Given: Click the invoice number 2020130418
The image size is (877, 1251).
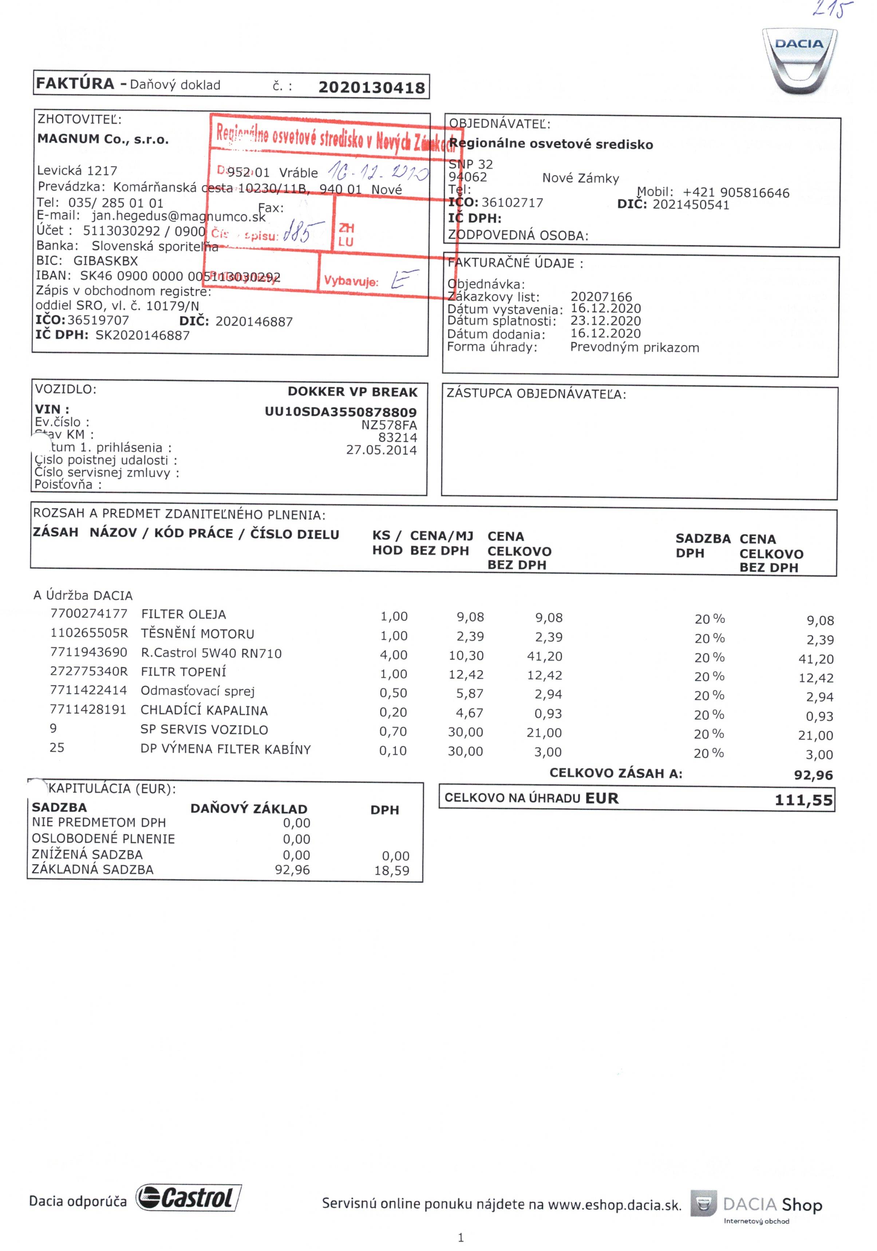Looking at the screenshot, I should click(x=371, y=88).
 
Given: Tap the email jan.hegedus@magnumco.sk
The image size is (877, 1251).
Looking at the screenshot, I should click(x=178, y=216).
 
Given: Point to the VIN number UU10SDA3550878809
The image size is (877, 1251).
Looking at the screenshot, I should click(x=341, y=412).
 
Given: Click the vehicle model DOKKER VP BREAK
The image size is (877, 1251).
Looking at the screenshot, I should click(x=352, y=392).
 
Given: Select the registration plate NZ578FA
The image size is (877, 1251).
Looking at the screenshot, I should click(x=389, y=425).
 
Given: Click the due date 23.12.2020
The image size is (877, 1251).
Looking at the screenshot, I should click(x=605, y=321).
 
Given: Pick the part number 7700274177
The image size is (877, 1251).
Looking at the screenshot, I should click(x=89, y=614).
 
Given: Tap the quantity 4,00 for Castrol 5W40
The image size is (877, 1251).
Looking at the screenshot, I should click(x=394, y=655).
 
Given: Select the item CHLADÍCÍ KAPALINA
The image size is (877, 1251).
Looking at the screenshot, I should click(x=204, y=710).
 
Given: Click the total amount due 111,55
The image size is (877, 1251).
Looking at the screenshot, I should click(x=803, y=800).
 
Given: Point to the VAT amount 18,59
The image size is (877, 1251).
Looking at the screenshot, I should click(x=391, y=871).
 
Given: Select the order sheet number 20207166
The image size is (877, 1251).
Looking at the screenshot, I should click(x=601, y=297).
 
